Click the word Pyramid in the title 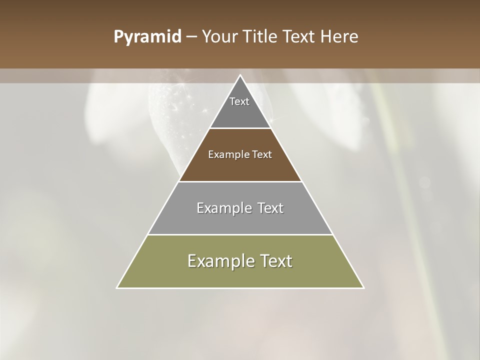pyautogui.click(x=147, y=37)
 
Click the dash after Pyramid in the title pyautogui.click(x=191, y=37)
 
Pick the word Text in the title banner pyautogui.click(x=301, y=37)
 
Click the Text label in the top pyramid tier pyautogui.click(x=239, y=101)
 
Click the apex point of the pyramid pyautogui.click(x=240, y=75)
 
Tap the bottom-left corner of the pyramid pyautogui.click(x=117, y=287)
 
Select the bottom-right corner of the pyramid pyautogui.click(x=363, y=287)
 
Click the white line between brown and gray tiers pyautogui.click(x=240, y=181)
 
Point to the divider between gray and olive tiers pyautogui.click(x=240, y=234)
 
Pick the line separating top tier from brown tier pyautogui.click(x=240, y=128)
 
